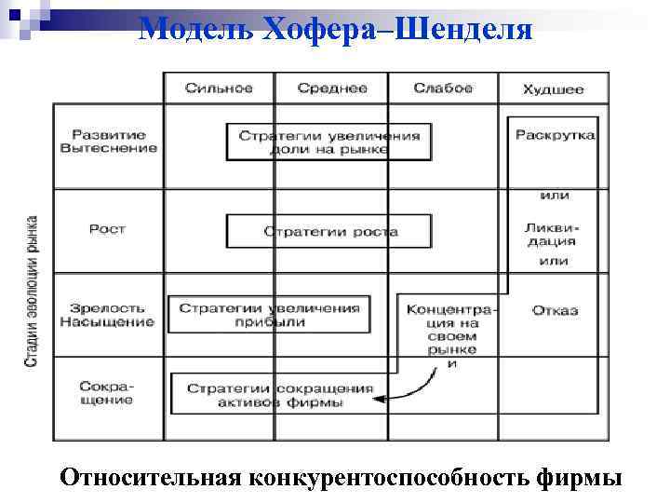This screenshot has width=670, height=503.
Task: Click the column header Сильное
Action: (219, 88)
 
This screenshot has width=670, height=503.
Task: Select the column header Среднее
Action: (332, 88)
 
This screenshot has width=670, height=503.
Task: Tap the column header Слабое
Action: (443, 88)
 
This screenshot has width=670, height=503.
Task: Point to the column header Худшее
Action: (553, 89)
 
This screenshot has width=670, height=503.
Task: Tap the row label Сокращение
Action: (106, 392)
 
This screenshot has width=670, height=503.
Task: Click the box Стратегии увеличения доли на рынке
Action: (329, 142)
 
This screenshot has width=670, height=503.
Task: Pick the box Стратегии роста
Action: (329, 231)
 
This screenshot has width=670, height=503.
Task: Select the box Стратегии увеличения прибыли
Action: (269, 315)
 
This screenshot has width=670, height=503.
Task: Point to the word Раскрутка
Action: (556, 135)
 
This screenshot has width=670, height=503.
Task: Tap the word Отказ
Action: (556, 310)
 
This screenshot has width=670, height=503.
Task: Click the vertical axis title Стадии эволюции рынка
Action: (32, 292)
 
